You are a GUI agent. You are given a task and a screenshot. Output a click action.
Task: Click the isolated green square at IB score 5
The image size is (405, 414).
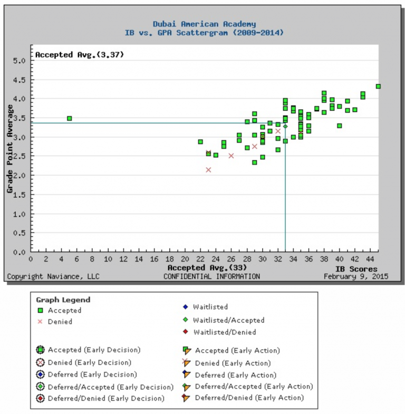point(69,119)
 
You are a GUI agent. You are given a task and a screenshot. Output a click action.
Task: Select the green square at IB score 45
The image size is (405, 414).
point(378,86)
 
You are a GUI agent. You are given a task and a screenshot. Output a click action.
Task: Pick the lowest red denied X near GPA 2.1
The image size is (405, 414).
point(208,170)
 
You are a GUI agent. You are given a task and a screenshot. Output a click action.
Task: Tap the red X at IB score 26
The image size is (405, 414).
point(231,156)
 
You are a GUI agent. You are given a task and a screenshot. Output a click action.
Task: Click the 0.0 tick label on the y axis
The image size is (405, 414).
point(19,252)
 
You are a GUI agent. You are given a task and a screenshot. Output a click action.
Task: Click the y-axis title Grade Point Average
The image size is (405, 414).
point(10,149)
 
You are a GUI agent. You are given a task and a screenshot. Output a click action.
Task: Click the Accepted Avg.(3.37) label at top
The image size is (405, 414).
point(80,54)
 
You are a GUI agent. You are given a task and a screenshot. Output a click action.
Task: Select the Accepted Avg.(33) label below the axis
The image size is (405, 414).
point(207,268)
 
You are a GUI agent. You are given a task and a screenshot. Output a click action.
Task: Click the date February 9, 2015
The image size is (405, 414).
point(355,276)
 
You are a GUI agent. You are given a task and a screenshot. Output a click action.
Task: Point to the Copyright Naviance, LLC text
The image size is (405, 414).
point(53,276)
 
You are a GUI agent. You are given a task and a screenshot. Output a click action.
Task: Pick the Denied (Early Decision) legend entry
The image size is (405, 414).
point(89,362)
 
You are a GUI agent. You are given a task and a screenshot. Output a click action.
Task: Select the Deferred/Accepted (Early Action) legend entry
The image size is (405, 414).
point(253,387)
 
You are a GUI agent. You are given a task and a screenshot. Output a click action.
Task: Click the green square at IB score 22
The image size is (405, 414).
point(200,142)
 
